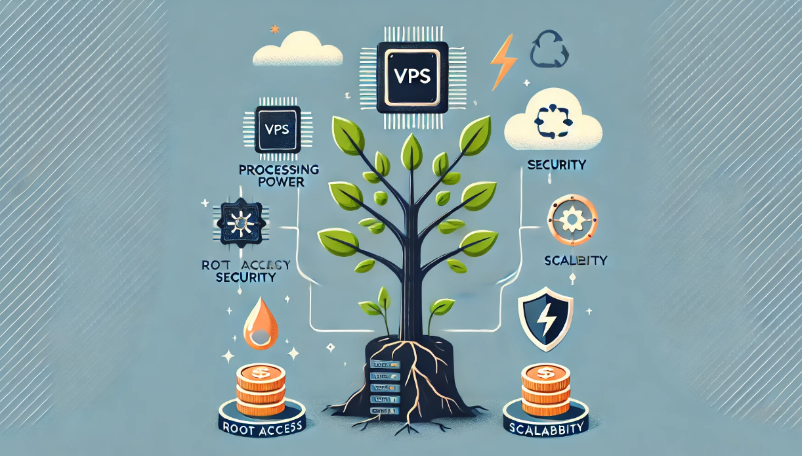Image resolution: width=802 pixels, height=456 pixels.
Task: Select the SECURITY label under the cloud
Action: coord(557,164)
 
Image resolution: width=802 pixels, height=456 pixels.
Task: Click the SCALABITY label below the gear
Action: coord(576,260)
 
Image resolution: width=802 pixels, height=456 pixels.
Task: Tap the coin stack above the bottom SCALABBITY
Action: coord(543,388)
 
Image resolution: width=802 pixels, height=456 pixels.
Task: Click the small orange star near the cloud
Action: coord(274,30)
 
